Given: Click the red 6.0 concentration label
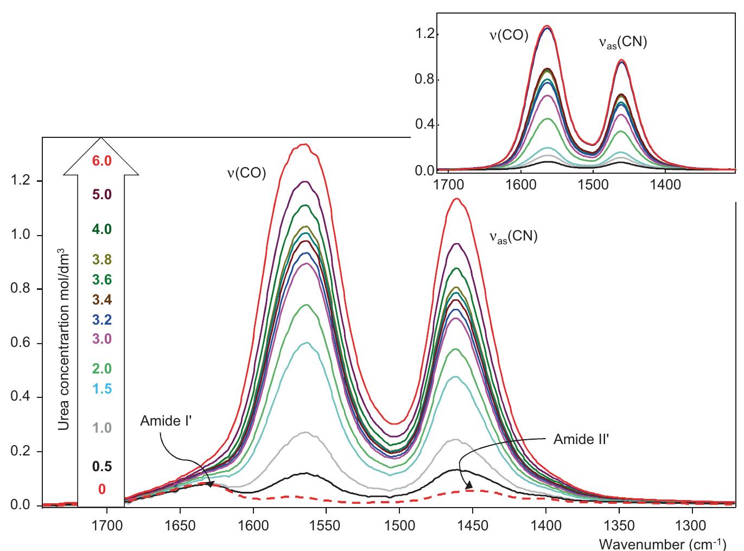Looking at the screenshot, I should (101, 161).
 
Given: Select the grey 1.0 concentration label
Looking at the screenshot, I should (101, 428).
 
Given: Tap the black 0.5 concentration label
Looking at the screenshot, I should (101, 466).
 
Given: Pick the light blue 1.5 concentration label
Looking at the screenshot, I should (101, 389).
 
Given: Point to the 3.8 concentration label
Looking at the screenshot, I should (101, 260).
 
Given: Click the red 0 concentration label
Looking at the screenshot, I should (101, 490).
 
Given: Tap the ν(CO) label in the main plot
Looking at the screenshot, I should (246, 173).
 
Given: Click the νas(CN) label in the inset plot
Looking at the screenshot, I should (622, 42).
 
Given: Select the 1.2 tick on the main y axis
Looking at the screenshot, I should (20, 181).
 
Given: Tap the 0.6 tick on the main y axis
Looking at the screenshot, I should (20, 344).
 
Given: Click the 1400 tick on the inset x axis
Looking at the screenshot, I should (665, 185).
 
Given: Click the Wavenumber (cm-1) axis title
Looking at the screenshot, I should (667, 543).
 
